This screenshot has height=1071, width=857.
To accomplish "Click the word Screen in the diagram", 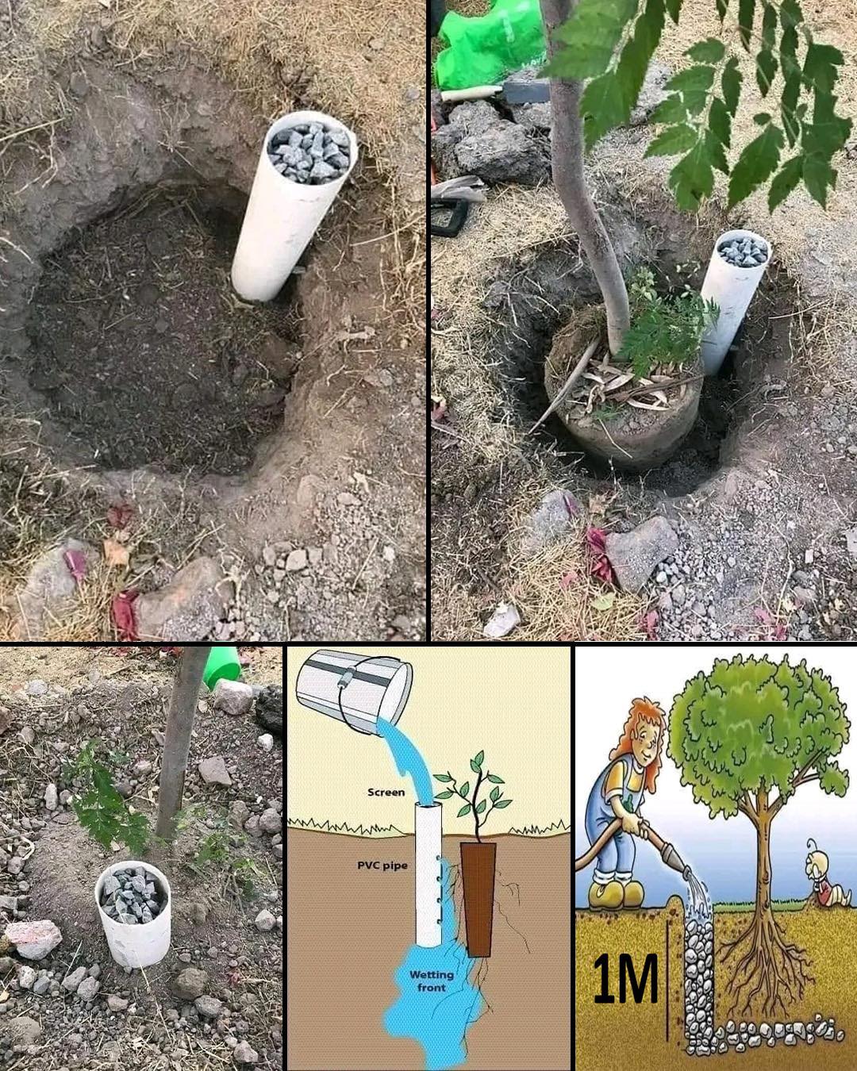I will [386, 792].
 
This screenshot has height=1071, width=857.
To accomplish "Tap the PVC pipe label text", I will [382, 865].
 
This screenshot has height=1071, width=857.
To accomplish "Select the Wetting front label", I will [432, 981].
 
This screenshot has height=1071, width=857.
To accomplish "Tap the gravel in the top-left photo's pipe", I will [309, 152].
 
